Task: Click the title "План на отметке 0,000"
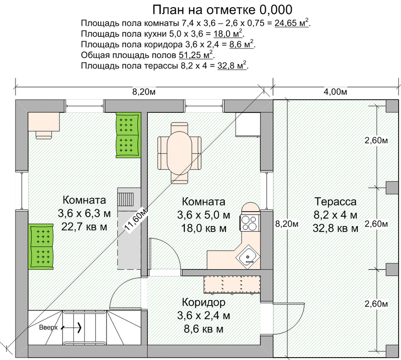222,10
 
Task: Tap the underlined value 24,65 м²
291,23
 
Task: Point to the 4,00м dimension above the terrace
335,92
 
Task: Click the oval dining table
179,153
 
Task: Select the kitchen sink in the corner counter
248,257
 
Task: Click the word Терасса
335,202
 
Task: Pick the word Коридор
203,302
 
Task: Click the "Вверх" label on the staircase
48,327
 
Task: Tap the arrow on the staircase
71,327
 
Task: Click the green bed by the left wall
41,246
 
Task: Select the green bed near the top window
129,135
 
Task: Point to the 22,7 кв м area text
84,227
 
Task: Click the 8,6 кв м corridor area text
203,329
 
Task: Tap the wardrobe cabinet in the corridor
232,285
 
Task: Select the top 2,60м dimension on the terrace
376,140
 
